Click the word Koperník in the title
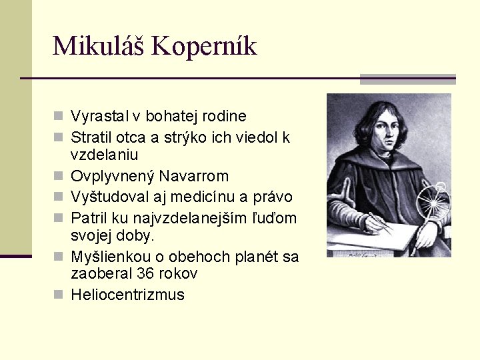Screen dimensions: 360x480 coord(204,46)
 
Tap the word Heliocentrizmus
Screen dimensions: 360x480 coord(127,295)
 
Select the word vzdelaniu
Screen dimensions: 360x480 coord(104,155)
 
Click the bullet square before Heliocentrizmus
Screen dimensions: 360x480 coord(61,295)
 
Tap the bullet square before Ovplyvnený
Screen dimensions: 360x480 coord(61,177)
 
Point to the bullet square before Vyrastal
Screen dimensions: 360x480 coord(61,117)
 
